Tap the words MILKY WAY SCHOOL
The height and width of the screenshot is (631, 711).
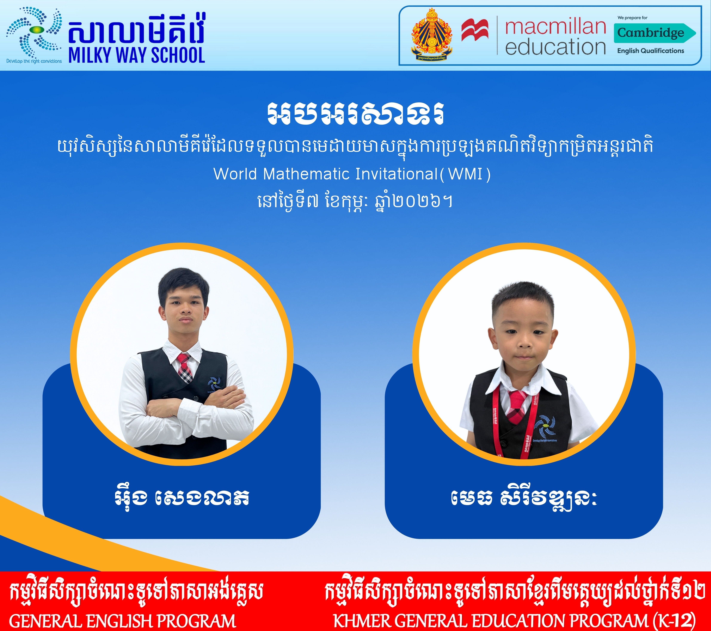coord(137,55)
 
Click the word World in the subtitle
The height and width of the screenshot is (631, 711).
coord(235,174)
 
